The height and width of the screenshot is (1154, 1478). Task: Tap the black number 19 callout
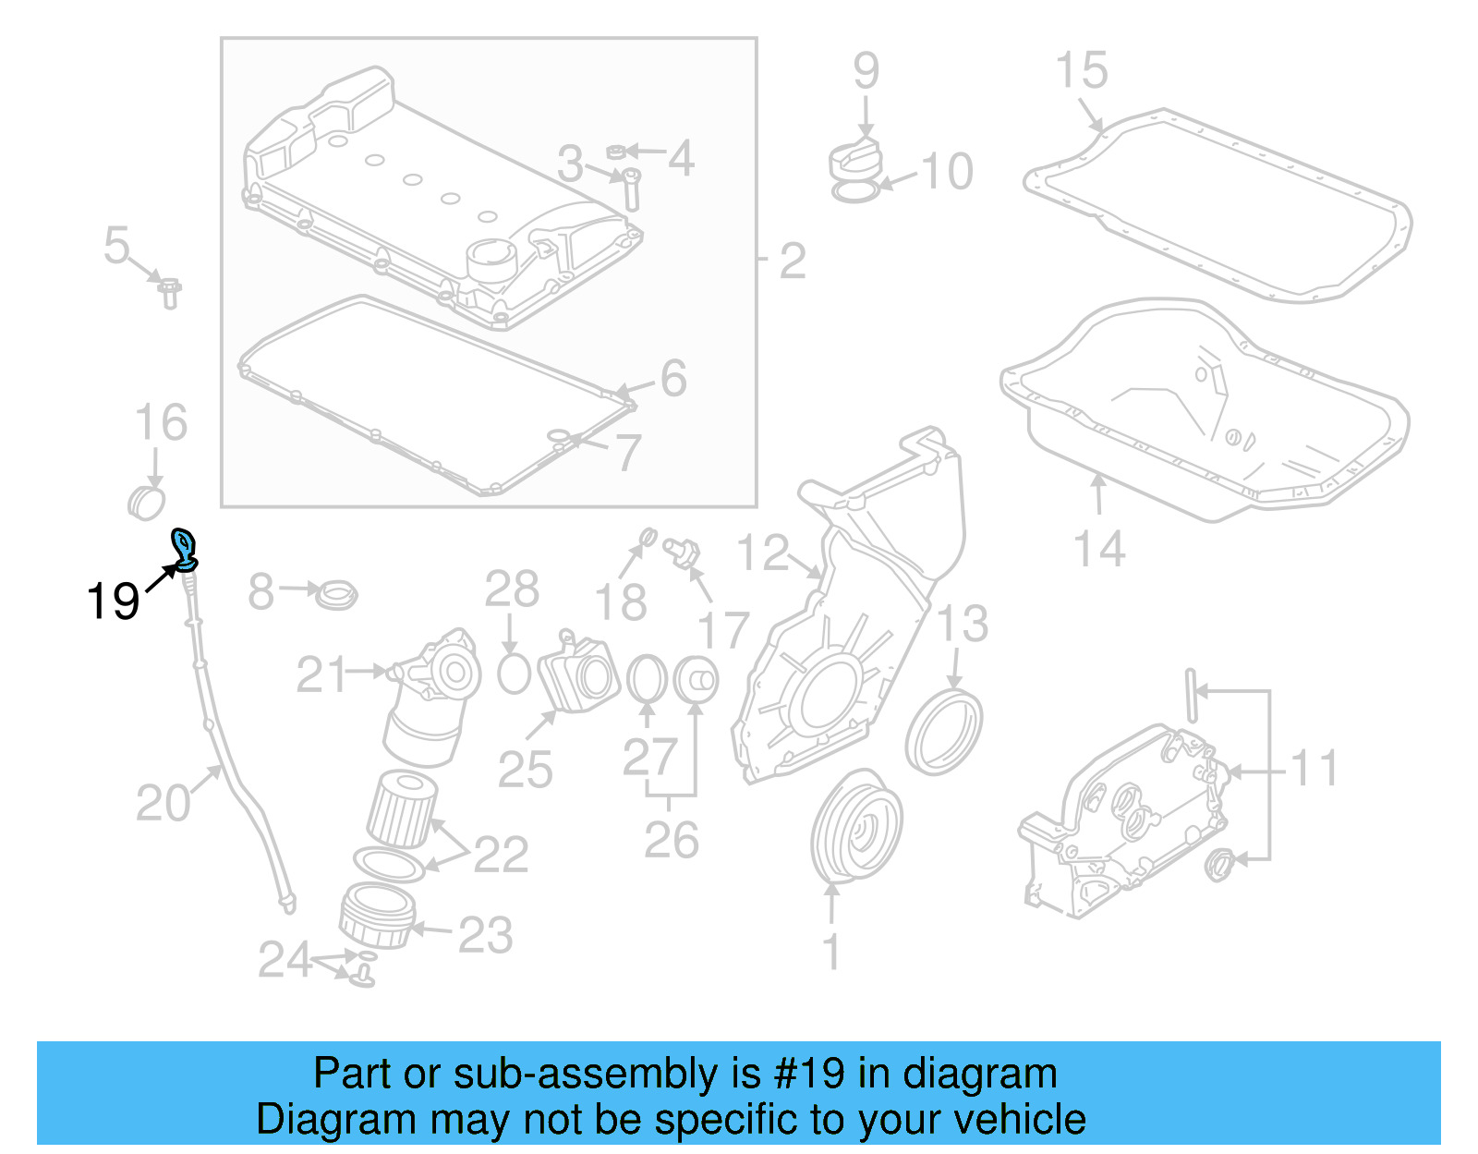pyautogui.click(x=113, y=601)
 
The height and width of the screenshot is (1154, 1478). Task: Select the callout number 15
pyautogui.click(x=1081, y=71)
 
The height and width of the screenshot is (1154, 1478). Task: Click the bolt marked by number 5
pyautogui.click(x=169, y=293)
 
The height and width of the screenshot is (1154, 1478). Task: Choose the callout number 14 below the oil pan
pyautogui.click(x=1099, y=549)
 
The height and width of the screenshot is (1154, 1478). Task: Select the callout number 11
pyautogui.click(x=1313, y=769)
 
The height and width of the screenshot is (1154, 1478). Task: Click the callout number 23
pyautogui.click(x=485, y=935)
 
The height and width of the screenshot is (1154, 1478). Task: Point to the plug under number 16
pyautogui.click(x=146, y=502)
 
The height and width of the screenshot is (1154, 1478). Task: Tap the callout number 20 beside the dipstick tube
pyautogui.click(x=163, y=803)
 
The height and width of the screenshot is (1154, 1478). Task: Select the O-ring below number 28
pyautogui.click(x=514, y=674)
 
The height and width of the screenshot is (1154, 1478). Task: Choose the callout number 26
pyautogui.click(x=672, y=840)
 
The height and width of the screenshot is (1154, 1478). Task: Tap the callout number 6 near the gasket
pyautogui.click(x=673, y=379)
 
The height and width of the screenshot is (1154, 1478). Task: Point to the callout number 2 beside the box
pyautogui.click(x=792, y=261)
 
